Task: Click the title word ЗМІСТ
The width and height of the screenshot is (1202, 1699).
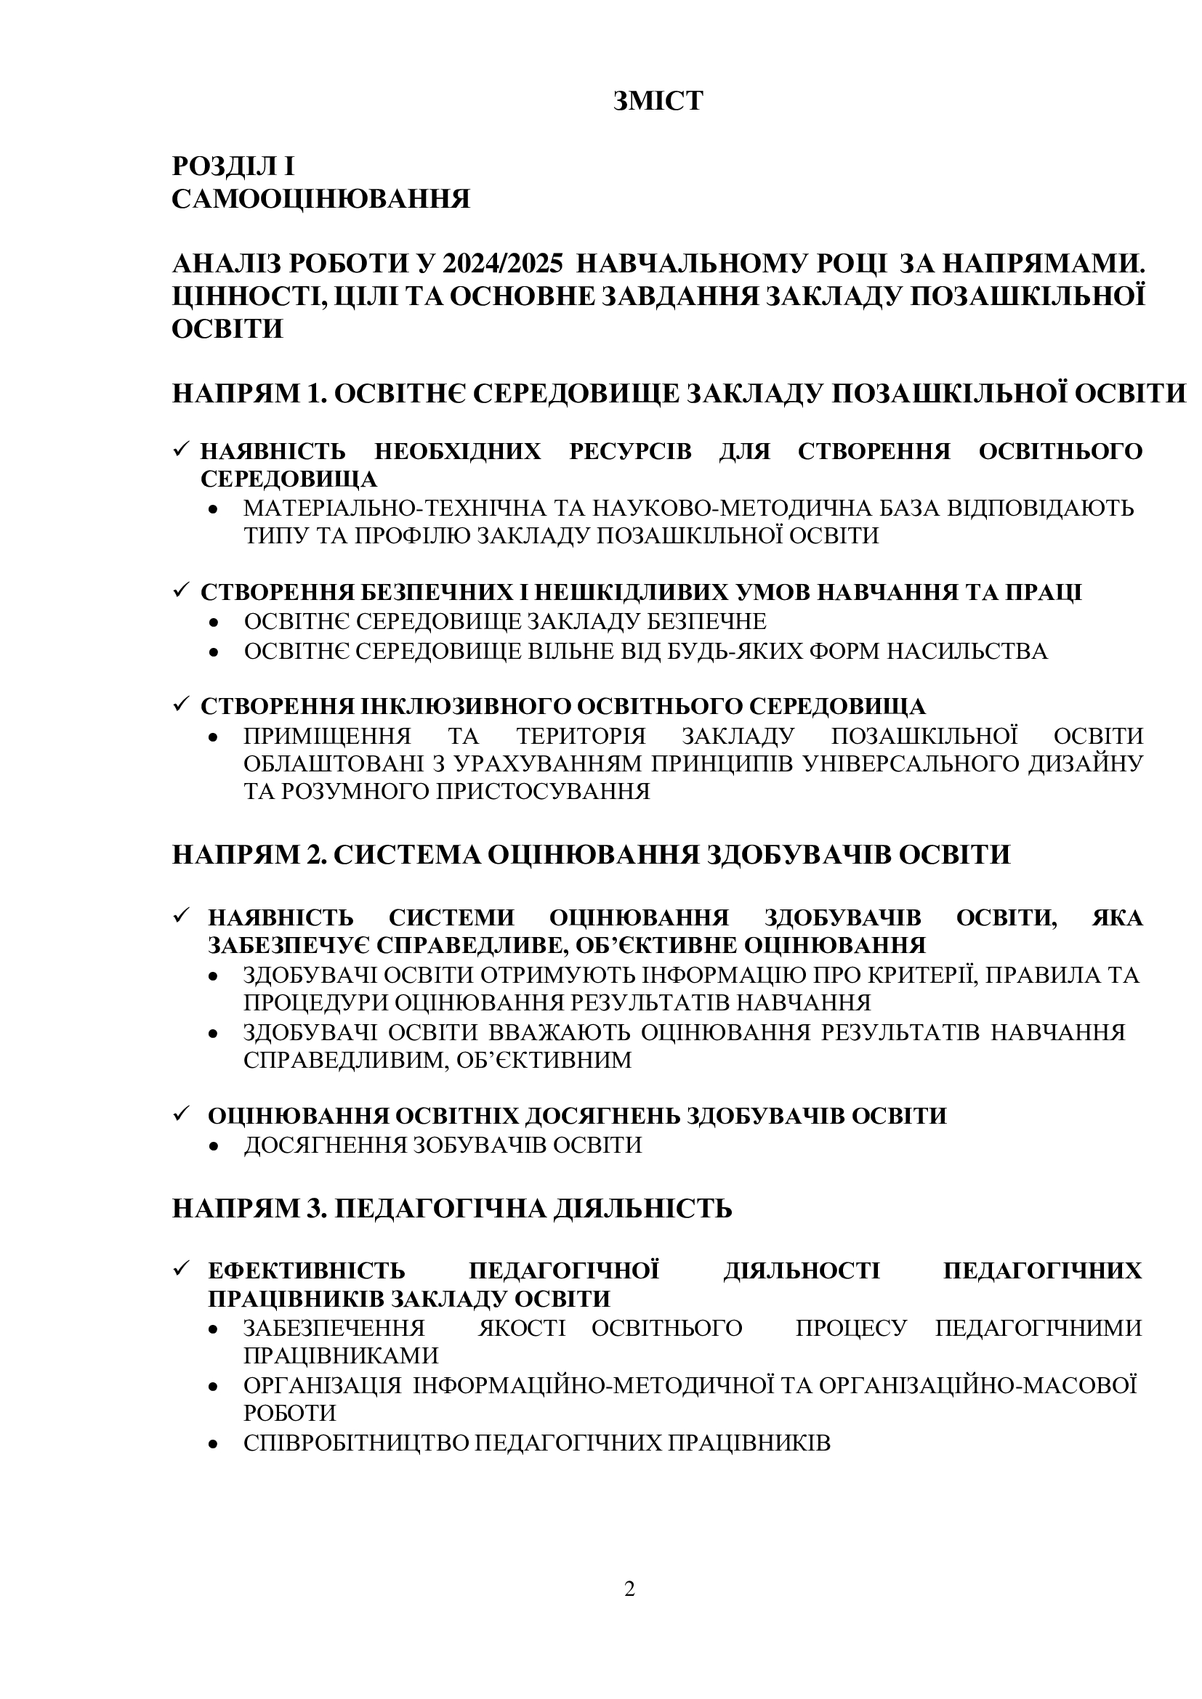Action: click(657, 101)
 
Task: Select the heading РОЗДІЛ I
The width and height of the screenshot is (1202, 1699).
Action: click(233, 166)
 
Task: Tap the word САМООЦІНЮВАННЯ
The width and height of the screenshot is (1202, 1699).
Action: click(320, 199)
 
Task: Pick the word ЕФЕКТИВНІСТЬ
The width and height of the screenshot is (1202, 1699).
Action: click(307, 1270)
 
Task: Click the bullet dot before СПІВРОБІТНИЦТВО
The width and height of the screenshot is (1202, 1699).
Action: click(214, 1444)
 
